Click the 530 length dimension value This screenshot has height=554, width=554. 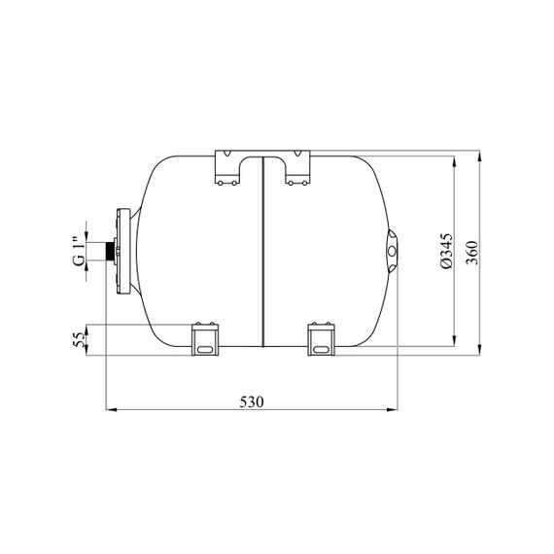coord(252,402)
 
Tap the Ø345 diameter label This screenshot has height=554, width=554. coord(446,251)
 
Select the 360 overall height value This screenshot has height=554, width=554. coord(471,253)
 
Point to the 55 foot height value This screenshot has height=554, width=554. coord(79,339)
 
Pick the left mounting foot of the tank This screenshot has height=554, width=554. coord(205,339)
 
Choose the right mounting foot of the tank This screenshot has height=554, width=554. coord(321,339)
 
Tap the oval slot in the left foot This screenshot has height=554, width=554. coord(205,350)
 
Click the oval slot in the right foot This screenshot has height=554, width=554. coord(321,350)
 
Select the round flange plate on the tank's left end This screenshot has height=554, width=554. coord(123,251)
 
